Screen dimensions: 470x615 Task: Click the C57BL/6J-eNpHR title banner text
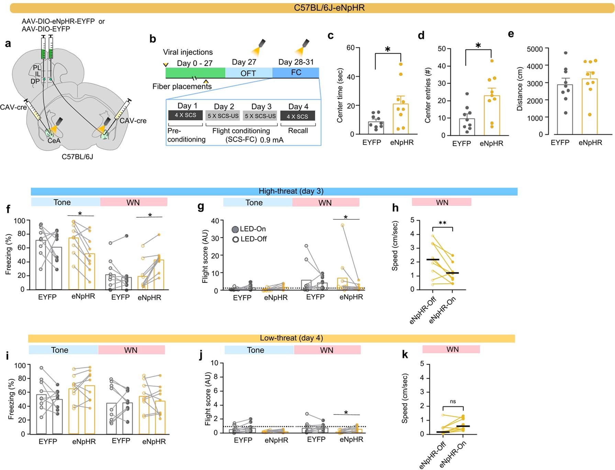[329, 8]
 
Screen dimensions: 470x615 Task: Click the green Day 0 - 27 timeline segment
[195, 72]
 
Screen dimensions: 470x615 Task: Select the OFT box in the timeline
[248, 73]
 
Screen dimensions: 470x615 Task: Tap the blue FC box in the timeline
[296, 72]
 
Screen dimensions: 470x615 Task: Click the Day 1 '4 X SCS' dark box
[185, 115]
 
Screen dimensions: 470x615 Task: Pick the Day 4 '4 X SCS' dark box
[298, 116]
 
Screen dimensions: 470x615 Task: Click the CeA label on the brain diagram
[54, 141]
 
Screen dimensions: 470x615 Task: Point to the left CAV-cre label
[13, 107]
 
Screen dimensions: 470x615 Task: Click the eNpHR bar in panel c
[401, 119]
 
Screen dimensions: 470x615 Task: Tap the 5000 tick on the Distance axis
[535, 49]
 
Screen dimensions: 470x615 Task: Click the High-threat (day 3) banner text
[291, 191]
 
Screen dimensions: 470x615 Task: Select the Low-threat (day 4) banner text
[291, 338]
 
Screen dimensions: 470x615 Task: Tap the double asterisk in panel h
[442, 223]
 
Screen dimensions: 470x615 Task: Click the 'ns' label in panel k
[452, 401]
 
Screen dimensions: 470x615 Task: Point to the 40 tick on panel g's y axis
[215, 221]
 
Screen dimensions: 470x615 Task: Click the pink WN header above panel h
[441, 202]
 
